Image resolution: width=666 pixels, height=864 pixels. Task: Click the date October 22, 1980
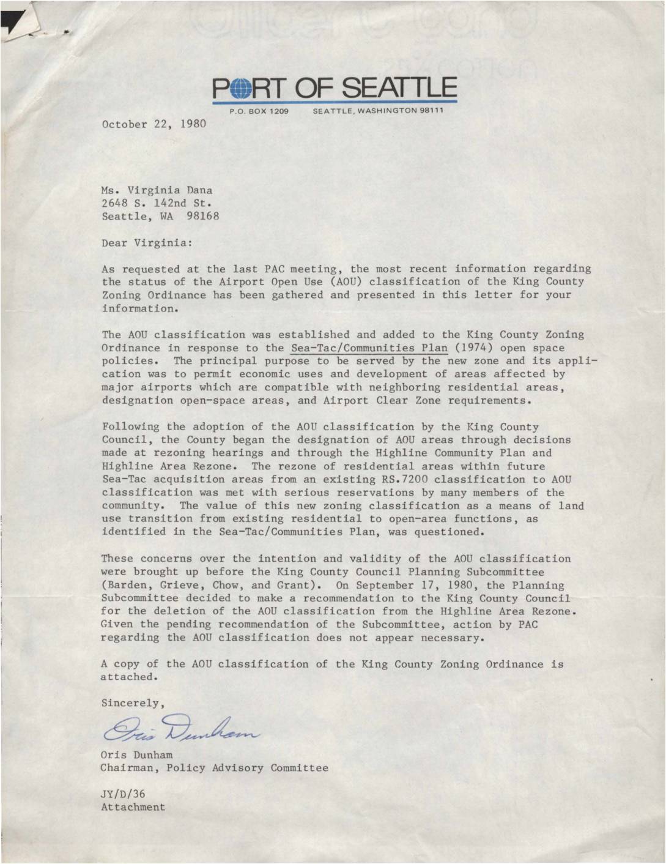tap(154, 124)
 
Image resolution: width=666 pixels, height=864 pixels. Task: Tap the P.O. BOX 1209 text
tap(259, 111)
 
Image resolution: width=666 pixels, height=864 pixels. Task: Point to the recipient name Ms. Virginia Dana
tap(157, 190)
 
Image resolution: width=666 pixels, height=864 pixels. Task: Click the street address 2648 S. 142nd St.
tap(157, 203)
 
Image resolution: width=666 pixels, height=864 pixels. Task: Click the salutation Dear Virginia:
tap(147, 243)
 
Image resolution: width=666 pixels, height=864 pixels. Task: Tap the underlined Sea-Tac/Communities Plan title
tap(369, 348)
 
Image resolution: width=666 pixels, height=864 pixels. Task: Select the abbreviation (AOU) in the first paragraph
tap(339, 281)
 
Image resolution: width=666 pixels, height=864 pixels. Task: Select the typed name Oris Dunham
tap(136, 754)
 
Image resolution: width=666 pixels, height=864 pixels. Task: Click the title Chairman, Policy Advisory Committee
tap(214, 767)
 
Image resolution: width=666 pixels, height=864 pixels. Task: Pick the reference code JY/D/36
tap(123, 794)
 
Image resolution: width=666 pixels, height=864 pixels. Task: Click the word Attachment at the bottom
tap(133, 806)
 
